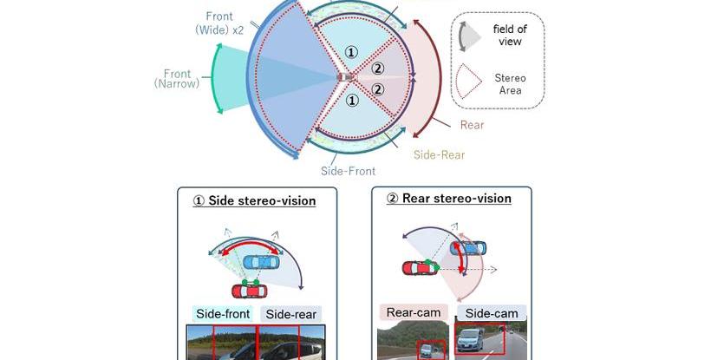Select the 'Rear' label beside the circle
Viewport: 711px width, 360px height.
pyautogui.click(x=472, y=125)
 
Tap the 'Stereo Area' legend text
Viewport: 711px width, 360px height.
pyautogui.click(x=511, y=84)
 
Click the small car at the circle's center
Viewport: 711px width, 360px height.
pyautogui.click(x=347, y=78)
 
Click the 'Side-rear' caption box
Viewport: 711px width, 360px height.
pyautogui.click(x=291, y=314)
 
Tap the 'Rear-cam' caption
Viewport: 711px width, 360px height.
pyautogui.click(x=414, y=312)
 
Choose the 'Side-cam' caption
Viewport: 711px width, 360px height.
pyautogui.click(x=491, y=312)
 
